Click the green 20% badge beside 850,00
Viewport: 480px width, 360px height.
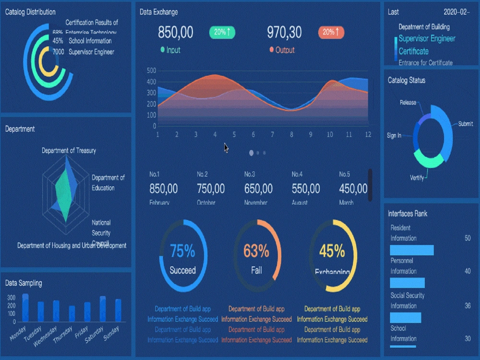click(x=222, y=32)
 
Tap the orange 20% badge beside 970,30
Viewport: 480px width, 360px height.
click(x=331, y=32)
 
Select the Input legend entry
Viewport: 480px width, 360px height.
click(x=170, y=50)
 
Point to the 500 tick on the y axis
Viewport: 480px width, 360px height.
click(x=151, y=71)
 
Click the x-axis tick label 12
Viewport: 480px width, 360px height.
click(x=368, y=135)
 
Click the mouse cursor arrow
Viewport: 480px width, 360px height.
click(x=226, y=147)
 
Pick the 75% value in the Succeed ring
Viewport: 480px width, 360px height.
click(x=182, y=251)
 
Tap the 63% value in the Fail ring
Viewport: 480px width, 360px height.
click(x=256, y=251)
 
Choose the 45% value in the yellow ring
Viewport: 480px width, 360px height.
click(x=332, y=251)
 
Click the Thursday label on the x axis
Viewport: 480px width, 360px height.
click(x=62, y=333)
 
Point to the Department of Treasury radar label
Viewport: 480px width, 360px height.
click(x=69, y=151)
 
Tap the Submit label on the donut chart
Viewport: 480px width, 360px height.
click(x=465, y=124)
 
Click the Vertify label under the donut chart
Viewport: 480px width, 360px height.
click(x=417, y=178)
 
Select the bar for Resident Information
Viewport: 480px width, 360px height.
click(x=411, y=250)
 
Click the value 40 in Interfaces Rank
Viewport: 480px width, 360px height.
click(x=467, y=271)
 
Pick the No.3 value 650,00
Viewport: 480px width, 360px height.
click(x=258, y=189)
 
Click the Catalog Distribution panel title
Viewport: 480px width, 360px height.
click(x=30, y=12)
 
